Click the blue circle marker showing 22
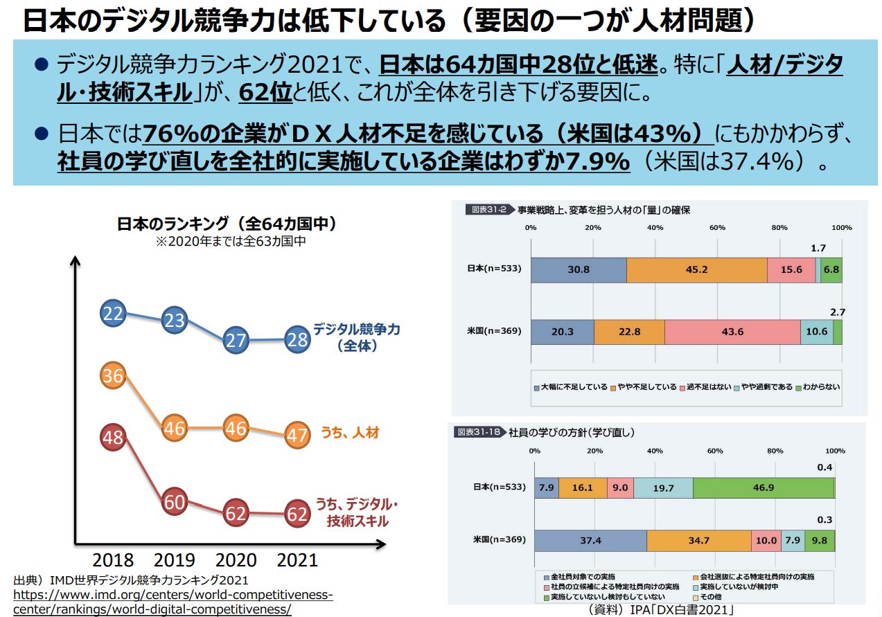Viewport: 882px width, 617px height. point(112,314)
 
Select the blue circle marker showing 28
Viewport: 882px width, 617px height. point(297,339)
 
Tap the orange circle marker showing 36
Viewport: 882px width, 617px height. point(112,375)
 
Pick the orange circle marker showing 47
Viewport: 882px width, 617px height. point(297,435)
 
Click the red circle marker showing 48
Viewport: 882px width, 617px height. point(112,437)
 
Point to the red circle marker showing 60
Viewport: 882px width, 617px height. point(174,501)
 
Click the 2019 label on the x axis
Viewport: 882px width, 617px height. point(174,560)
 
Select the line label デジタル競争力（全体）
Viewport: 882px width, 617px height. point(356,337)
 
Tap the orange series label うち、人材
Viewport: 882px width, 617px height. point(349,433)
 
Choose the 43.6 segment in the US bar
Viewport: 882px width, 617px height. point(732,332)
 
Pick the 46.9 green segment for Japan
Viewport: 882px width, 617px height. point(763,488)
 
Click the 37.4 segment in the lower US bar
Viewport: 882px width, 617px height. point(590,541)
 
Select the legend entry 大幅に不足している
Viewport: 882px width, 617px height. point(570,387)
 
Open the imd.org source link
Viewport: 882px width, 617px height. point(173,602)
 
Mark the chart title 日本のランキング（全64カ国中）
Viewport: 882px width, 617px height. point(227,224)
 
